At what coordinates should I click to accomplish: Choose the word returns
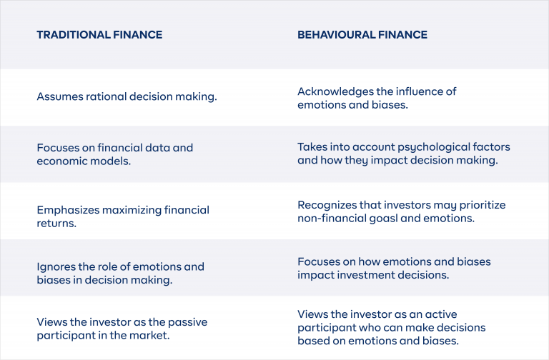pyautogui.click(x=56, y=224)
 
